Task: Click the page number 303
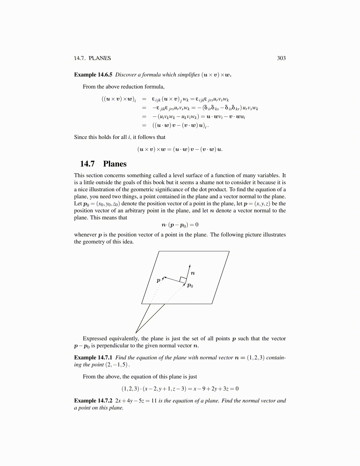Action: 281,58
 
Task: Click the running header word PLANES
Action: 100,58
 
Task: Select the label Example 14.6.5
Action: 93,75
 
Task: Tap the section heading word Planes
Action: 115,164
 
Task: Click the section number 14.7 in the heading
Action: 87,164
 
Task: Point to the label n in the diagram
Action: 193,273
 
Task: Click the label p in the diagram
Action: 159,280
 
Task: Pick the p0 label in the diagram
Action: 190,285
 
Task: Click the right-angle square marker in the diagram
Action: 183,280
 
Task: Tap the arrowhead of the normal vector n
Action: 190,266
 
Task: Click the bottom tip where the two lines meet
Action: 136,333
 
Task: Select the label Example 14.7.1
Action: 93,358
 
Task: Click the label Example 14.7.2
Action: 93,401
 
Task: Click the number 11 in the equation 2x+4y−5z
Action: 154,401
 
